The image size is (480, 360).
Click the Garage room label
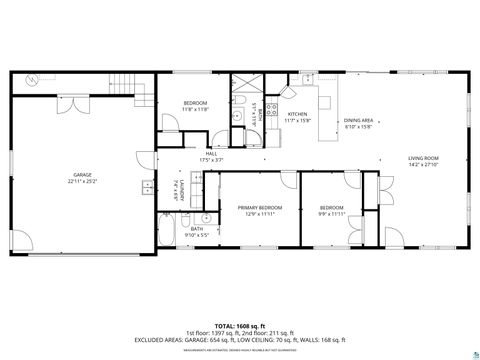tap(82, 179)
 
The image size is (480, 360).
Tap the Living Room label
tap(423, 161)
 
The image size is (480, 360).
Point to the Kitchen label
tap(299, 117)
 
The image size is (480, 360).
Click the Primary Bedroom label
tap(259, 210)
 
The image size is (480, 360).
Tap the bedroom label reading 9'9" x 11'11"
tap(331, 210)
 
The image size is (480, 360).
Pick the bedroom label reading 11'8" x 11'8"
tap(195, 107)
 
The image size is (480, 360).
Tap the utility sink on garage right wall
tap(147, 185)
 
